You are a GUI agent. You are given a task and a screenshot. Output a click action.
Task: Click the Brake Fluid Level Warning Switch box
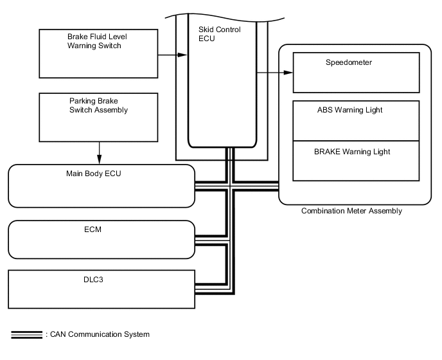99,54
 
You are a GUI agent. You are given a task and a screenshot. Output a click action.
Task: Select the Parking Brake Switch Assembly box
99,118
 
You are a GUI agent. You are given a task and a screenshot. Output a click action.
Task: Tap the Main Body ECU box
101,186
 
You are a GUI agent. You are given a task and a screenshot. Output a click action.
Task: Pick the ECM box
101,239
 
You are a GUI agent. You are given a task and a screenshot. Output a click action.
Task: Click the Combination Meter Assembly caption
351,211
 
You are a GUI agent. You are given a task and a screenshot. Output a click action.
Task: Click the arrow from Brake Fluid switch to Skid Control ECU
172,55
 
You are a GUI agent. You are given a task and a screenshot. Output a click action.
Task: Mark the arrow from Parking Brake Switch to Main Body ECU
99,153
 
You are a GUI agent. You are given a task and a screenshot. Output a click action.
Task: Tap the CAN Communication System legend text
98,335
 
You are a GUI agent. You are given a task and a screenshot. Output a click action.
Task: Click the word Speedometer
349,63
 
